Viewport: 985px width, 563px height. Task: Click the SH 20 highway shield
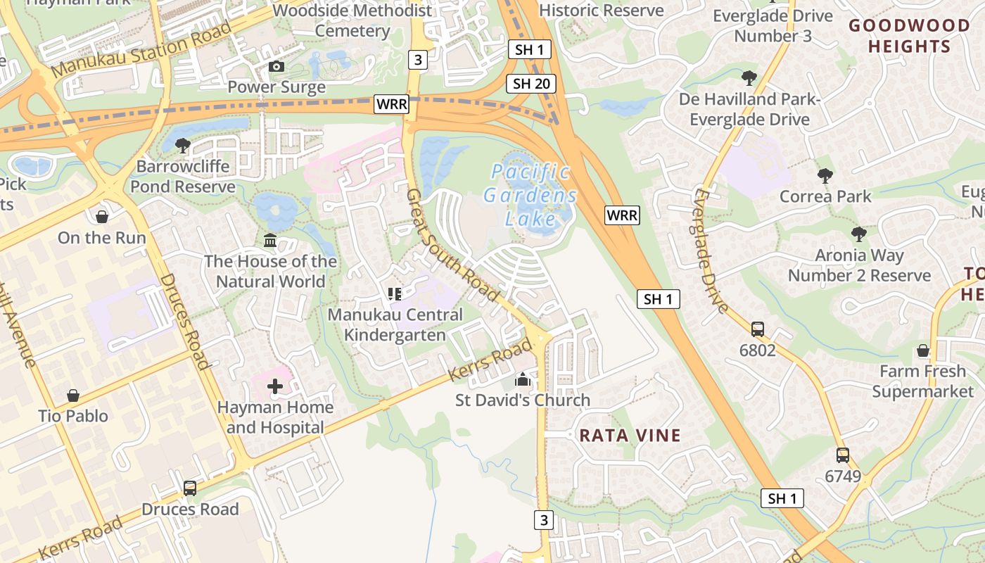pyautogui.click(x=531, y=84)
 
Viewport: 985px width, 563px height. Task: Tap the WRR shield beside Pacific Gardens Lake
pyautogui.click(x=622, y=215)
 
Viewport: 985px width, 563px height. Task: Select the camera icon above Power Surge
pyautogui.click(x=277, y=66)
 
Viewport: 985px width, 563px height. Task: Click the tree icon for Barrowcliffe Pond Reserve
pyautogui.click(x=182, y=146)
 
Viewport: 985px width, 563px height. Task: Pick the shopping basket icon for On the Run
pyautogui.click(x=102, y=216)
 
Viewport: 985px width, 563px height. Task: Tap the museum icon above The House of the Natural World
pyautogui.click(x=270, y=241)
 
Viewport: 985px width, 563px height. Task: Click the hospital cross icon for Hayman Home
pyautogui.click(x=275, y=386)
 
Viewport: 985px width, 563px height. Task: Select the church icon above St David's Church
pyautogui.click(x=522, y=379)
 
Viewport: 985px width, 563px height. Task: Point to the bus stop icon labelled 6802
pyautogui.click(x=758, y=329)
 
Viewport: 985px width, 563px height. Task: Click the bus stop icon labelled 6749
pyautogui.click(x=842, y=455)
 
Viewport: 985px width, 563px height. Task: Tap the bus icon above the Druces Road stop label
pyautogui.click(x=190, y=488)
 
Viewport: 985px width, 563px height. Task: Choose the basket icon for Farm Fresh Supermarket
pyautogui.click(x=923, y=350)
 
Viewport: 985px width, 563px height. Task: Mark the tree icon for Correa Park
pyautogui.click(x=825, y=175)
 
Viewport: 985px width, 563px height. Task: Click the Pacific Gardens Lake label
pyautogui.click(x=530, y=195)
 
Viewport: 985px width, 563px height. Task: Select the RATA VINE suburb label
pyautogui.click(x=630, y=435)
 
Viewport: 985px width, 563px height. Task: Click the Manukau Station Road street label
pyautogui.click(x=141, y=50)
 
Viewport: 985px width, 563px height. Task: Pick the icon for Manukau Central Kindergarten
pyautogui.click(x=394, y=293)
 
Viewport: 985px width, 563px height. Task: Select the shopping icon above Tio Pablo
pyautogui.click(x=73, y=396)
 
